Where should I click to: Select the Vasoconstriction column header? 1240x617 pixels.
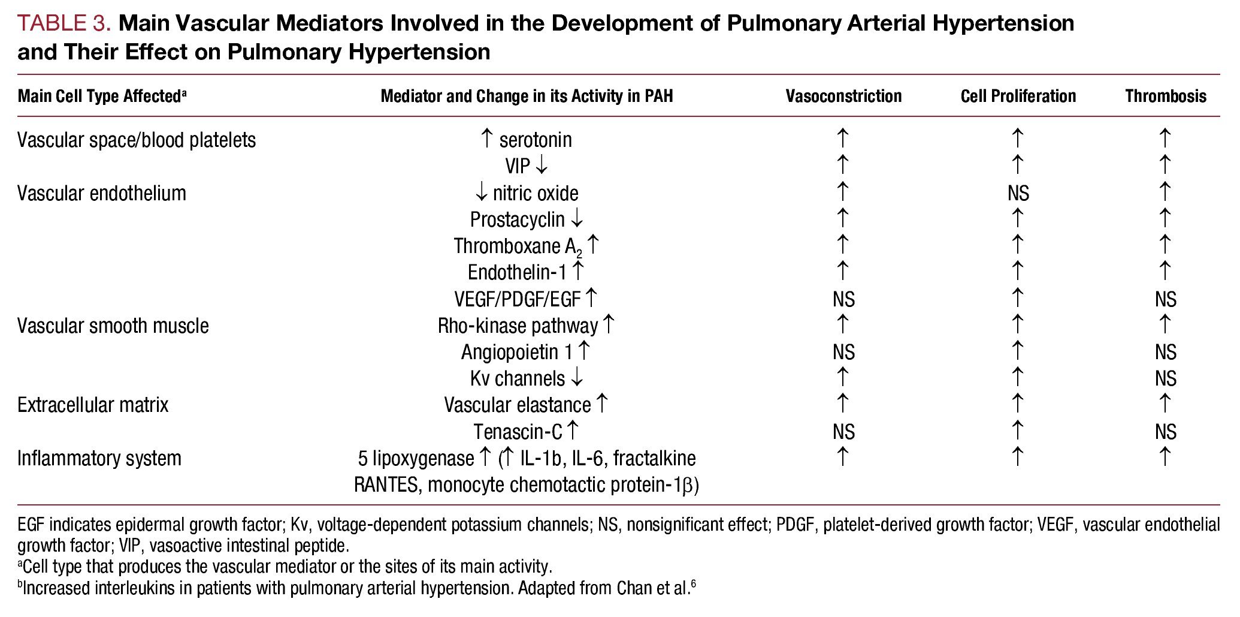pyautogui.click(x=843, y=96)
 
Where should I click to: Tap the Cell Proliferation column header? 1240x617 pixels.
pyautogui.click(x=1018, y=96)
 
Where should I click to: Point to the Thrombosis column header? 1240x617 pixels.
pyautogui.click(x=1165, y=96)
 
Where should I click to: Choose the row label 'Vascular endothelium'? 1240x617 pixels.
pyautogui.click(x=102, y=193)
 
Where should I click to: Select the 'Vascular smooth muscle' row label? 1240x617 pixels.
pyautogui.click(x=113, y=326)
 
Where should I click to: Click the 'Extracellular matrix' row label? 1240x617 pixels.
pyautogui.click(x=93, y=405)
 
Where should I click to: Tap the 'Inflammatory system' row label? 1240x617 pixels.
pyautogui.click(x=99, y=458)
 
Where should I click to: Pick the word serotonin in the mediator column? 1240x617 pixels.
pyautogui.click(x=536, y=140)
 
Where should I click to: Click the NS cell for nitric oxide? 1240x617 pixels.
pyautogui.click(x=1018, y=193)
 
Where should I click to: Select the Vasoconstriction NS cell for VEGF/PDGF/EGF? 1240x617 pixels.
pyautogui.click(x=843, y=299)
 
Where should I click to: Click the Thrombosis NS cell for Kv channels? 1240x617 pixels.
pyautogui.click(x=1165, y=378)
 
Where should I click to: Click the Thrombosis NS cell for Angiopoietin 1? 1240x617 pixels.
pyautogui.click(x=1165, y=352)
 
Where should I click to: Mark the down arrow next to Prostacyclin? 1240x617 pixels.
pyautogui.click(x=576, y=219)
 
